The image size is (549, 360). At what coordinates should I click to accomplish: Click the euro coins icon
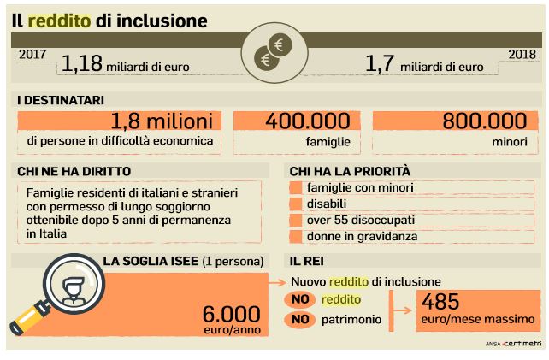(274, 53)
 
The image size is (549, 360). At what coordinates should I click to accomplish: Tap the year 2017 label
(33, 55)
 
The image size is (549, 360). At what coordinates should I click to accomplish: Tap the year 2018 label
(521, 55)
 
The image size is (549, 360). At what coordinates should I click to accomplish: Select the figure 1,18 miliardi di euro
(125, 64)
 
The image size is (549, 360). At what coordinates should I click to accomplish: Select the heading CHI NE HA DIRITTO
(69, 171)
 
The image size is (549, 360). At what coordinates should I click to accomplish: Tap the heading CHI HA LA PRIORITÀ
(350, 171)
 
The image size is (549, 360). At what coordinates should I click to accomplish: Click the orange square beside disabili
(296, 204)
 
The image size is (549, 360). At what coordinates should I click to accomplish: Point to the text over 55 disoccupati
(352, 219)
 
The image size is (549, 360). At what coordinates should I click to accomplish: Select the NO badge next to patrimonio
(298, 320)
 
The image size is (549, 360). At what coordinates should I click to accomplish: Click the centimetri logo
(515, 343)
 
